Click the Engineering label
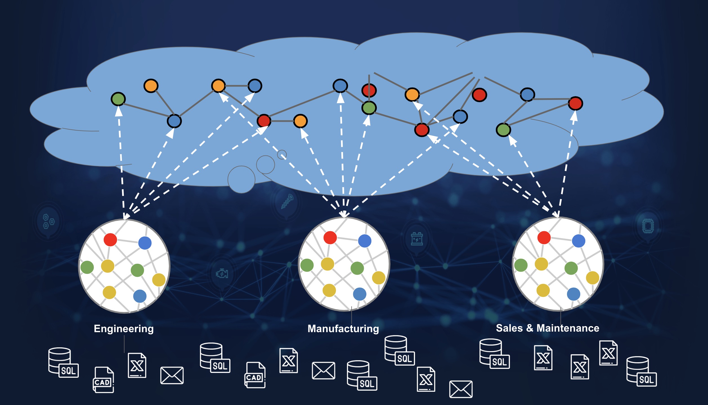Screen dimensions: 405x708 click(124, 328)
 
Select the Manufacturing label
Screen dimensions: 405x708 click(343, 328)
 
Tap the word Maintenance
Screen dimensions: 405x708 click(568, 328)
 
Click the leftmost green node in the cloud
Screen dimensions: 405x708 click(118, 99)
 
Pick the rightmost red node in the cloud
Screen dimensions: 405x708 click(575, 103)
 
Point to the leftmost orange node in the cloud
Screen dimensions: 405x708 click(151, 86)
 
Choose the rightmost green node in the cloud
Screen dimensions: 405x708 click(503, 130)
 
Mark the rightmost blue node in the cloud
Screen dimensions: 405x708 click(527, 94)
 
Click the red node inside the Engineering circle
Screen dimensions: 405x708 click(110, 240)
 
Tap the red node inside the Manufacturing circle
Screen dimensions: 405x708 click(330, 237)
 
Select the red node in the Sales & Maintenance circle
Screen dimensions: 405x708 click(544, 237)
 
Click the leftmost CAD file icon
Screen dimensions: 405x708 click(103, 380)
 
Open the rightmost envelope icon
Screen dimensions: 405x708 click(461, 389)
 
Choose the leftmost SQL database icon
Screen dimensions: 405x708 click(63, 363)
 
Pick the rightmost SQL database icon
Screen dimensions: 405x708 click(641, 371)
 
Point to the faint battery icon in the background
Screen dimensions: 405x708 click(417, 239)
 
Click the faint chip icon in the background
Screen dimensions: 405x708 click(648, 225)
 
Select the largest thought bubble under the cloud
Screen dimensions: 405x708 click(241, 179)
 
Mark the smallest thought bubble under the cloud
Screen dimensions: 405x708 click(282, 154)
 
